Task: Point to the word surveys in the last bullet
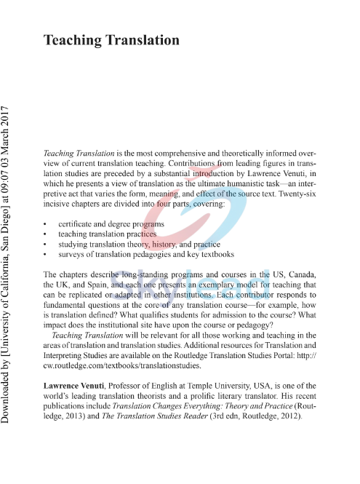click(73, 255)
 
